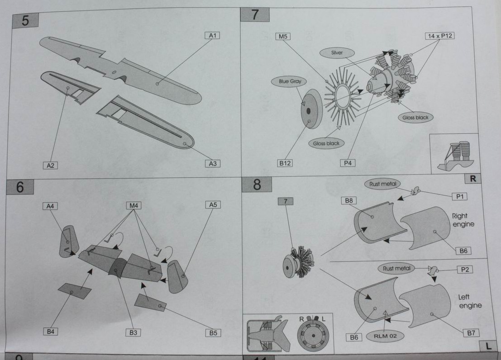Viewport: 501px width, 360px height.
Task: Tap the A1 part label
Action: tap(211, 35)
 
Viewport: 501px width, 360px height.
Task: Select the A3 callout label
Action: tap(213, 163)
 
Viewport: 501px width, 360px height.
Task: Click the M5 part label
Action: tap(283, 36)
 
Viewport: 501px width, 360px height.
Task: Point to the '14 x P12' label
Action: tap(439, 36)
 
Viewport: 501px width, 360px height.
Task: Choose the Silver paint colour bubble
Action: tap(337, 53)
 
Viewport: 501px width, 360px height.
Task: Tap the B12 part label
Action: tap(285, 163)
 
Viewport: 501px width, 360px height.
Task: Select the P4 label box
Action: tap(347, 163)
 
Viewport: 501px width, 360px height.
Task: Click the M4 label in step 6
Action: tap(134, 206)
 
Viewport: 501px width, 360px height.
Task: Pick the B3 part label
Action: tap(133, 332)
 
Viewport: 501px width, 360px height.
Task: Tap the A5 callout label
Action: tap(213, 205)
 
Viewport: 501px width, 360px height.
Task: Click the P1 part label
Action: tap(462, 196)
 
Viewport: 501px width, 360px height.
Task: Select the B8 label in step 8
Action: tap(349, 201)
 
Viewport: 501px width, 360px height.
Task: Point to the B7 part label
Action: tap(471, 333)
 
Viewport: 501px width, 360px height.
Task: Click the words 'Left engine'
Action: tap(470, 302)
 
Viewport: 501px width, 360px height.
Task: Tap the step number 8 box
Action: tap(257, 185)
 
